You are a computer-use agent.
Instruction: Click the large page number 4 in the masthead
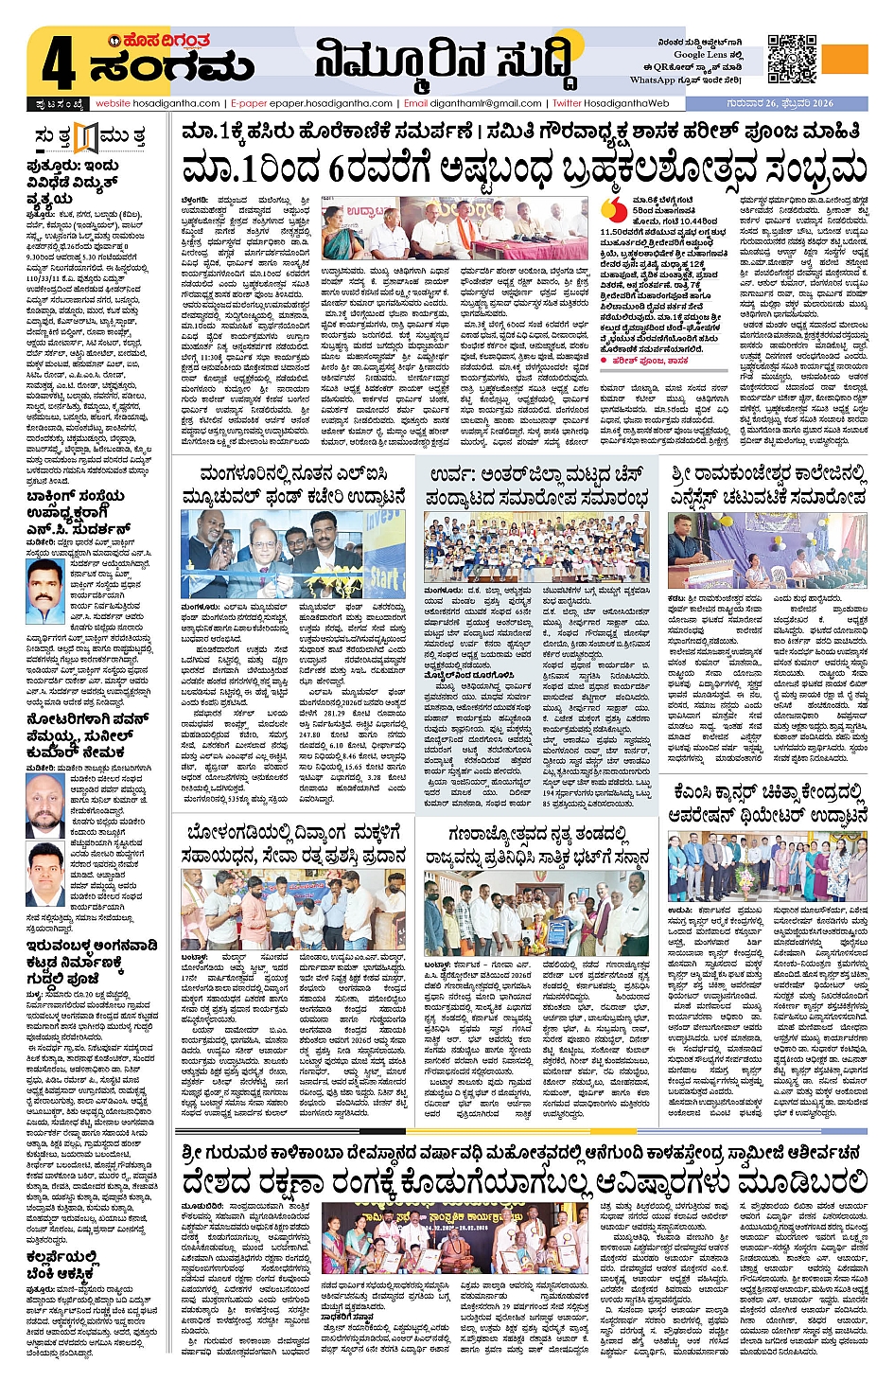58,65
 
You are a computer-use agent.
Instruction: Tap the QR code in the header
792,59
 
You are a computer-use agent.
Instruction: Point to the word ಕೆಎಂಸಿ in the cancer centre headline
698,792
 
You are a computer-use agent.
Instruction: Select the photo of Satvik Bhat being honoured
535,913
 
